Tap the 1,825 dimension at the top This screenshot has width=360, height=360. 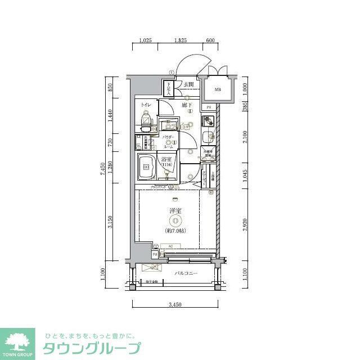pyautogui.click(x=181, y=41)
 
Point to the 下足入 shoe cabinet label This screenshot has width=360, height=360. pyautogui.click(x=168, y=88)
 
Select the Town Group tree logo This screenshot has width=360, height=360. pyautogui.click(x=20, y=341)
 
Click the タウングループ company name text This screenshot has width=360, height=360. pyautogui.click(x=92, y=348)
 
